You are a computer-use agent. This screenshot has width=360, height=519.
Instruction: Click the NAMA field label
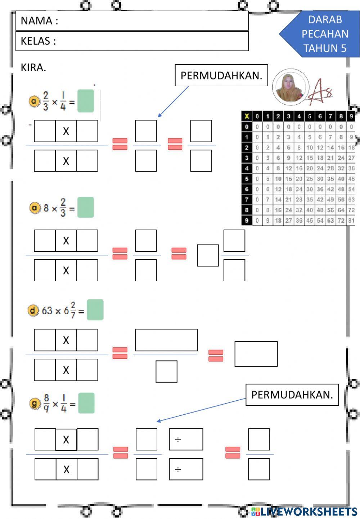39,21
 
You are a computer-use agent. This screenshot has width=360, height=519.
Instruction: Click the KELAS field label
38,41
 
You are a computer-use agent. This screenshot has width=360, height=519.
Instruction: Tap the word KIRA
33,68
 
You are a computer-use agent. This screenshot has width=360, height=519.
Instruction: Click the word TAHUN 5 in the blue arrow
325,49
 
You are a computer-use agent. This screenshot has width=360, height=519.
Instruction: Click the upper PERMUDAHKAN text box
221,76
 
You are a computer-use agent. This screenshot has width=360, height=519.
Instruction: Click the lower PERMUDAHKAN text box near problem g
292,395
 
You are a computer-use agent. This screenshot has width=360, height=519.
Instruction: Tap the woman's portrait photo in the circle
290,87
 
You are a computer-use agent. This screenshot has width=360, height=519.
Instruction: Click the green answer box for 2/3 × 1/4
86,101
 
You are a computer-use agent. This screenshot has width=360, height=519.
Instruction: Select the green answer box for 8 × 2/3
86,208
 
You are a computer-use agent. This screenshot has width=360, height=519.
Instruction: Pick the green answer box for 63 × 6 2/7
95,310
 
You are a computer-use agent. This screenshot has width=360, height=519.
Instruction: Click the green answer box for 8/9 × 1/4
86,403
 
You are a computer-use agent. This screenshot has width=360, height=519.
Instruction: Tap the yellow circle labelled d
33,310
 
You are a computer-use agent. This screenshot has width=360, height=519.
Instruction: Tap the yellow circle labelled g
35,404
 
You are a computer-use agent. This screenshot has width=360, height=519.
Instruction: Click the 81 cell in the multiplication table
351,220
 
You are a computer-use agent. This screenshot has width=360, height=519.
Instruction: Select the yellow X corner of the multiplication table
247,116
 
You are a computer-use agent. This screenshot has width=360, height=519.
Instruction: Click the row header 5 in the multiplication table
247,179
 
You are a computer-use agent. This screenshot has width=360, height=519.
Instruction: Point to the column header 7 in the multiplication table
330,116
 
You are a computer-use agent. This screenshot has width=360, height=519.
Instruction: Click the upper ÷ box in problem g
186,439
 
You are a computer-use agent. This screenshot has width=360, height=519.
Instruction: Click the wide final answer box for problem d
256,354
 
